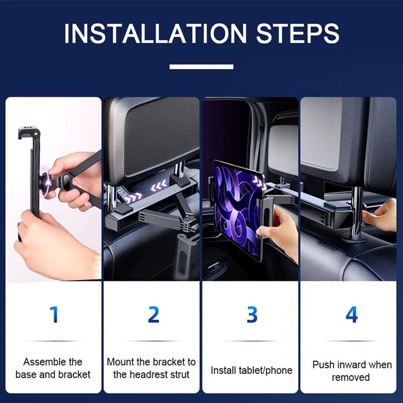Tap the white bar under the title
click(x=201, y=66)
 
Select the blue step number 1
click(x=54, y=315)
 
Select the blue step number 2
click(x=153, y=315)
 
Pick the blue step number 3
click(x=252, y=315)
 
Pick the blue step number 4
click(x=351, y=315)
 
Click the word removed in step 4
click(x=351, y=377)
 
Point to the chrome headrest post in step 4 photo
click(x=356, y=214)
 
